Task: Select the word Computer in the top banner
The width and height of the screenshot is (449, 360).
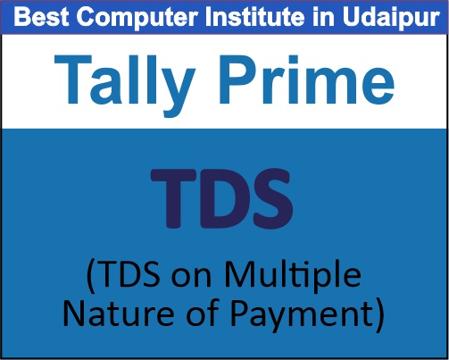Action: coord(125,17)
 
